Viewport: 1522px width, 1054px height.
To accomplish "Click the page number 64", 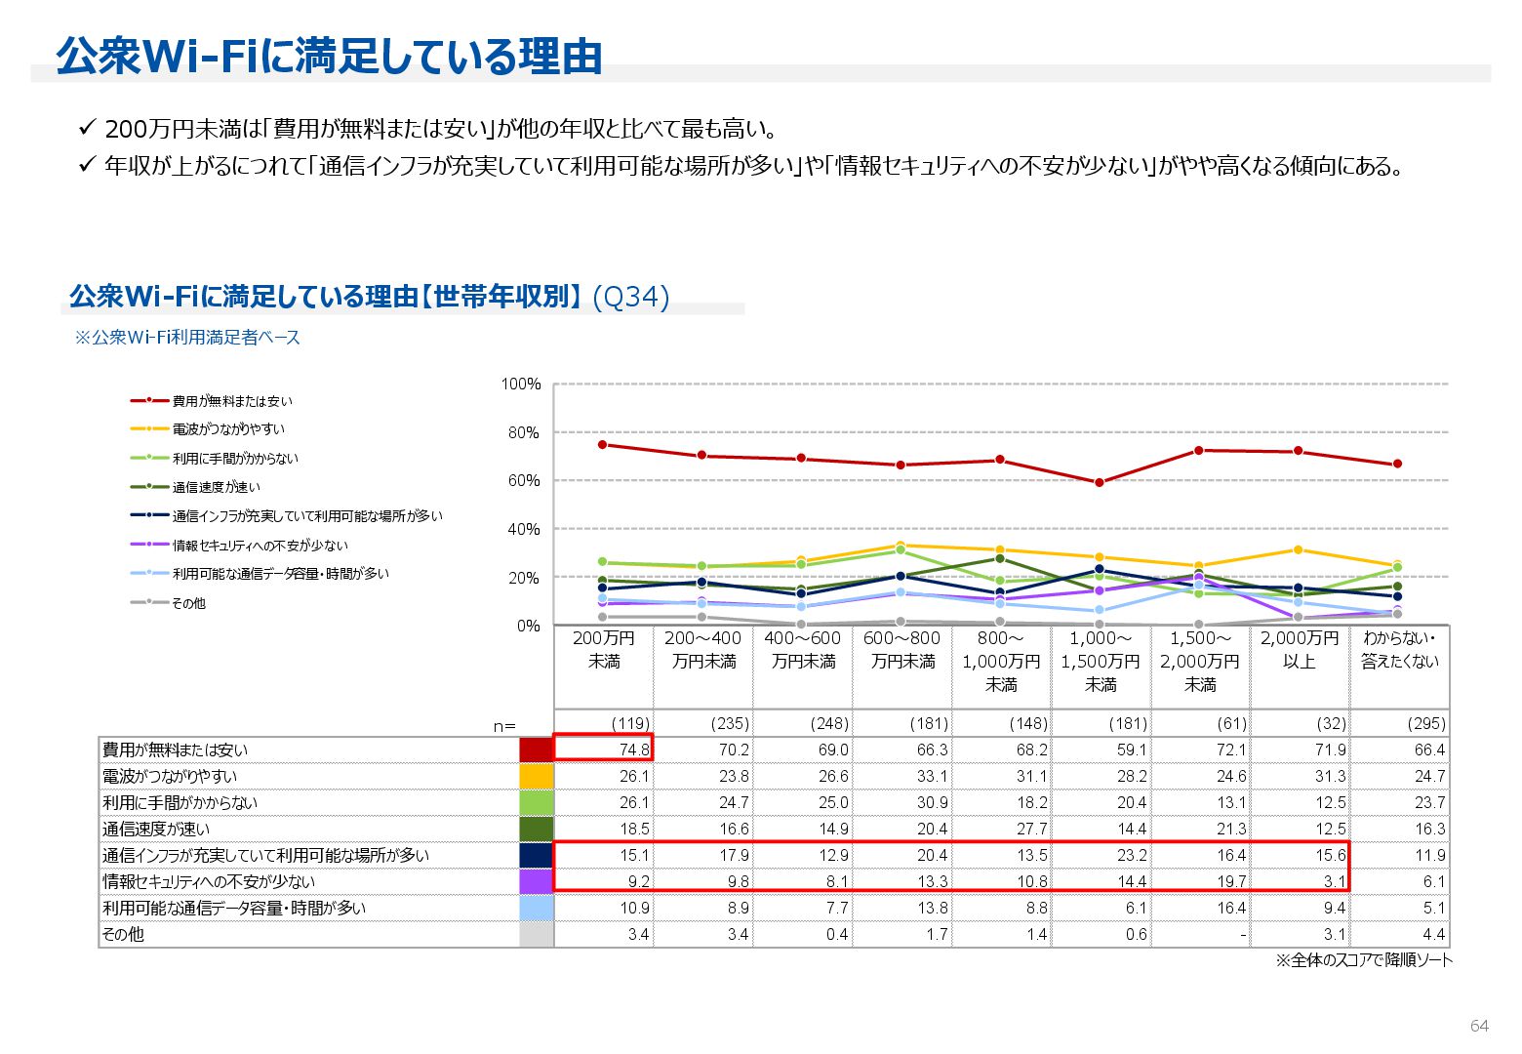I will pos(1479,1026).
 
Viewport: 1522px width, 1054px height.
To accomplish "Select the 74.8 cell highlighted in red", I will pos(603,750).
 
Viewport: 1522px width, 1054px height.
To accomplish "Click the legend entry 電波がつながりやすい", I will pos(228,429).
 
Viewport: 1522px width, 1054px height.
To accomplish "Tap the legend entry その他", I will pos(188,603).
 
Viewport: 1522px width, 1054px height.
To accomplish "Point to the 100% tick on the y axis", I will pos(520,385).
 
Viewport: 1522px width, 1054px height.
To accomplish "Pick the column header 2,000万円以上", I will pos(1300,650).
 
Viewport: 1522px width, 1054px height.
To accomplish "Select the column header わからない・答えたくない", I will pos(1399,650).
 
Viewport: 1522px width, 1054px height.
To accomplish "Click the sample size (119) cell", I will pos(630,723).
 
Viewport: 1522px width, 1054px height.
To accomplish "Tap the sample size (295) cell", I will pos(1425,723).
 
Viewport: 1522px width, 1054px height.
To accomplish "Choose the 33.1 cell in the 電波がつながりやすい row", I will pos(932,776).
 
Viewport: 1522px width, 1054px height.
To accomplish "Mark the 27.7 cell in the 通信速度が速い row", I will pos(1031,829).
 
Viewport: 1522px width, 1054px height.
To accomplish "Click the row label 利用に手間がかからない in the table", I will pos(180,802).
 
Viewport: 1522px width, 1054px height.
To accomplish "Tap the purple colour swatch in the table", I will pos(536,881).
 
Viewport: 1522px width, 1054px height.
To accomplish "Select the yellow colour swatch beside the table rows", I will pos(536,776).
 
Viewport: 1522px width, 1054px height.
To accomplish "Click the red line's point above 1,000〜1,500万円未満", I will pos(1100,482).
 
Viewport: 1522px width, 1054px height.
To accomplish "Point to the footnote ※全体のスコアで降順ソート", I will pos(1363,961).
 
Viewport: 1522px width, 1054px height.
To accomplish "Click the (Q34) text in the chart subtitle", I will pos(631,297).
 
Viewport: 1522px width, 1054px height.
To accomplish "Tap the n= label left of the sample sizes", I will pos(504,725).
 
